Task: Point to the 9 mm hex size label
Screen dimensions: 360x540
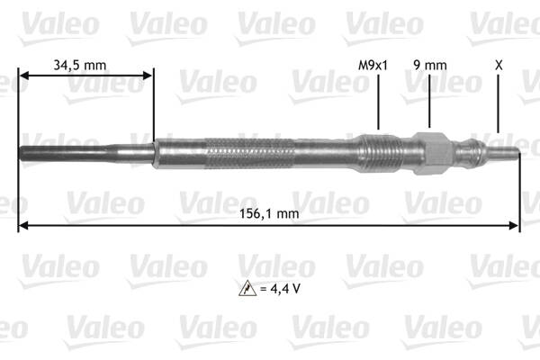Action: (430, 65)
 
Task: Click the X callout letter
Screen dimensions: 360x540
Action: (499, 65)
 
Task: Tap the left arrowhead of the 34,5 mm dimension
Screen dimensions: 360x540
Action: (23, 77)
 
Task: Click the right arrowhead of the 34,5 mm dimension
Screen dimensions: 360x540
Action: (149, 77)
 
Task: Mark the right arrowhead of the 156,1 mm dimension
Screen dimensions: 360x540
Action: (516, 226)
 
